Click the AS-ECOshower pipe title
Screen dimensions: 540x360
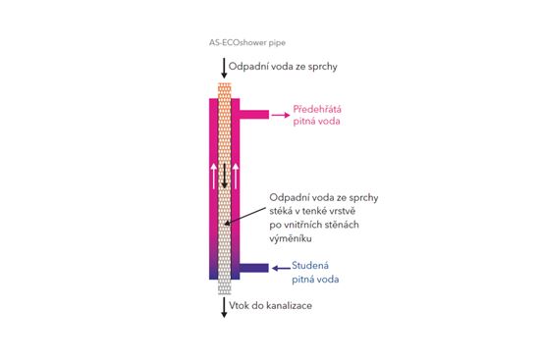(x=247, y=43)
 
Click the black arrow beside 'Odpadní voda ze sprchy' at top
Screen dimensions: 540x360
(x=224, y=68)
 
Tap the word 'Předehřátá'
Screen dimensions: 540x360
(x=317, y=109)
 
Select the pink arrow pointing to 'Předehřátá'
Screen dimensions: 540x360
(x=281, y=115)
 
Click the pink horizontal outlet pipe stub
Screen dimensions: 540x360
(x=254, y=114)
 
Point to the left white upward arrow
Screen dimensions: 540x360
(x=214, y=177)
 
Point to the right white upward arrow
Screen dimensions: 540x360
(x=236, y=177)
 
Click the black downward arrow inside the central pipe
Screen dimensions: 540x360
(x=225, y=176)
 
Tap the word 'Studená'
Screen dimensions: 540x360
(x=310, y=266)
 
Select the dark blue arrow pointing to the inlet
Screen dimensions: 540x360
(x=281, y=268)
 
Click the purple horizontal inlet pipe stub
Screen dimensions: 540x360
(x=254, y=268)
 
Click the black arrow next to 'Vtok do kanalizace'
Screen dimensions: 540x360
(x=224, y=307)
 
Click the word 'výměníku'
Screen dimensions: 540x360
(x=291, y=238)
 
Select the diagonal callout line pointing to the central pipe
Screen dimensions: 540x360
(x=245, y=216)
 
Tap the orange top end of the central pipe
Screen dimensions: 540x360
(x=225, y=91)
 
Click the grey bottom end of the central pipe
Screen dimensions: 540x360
(x=225, y=287)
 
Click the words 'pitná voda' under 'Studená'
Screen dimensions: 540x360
(x=315, y=280)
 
